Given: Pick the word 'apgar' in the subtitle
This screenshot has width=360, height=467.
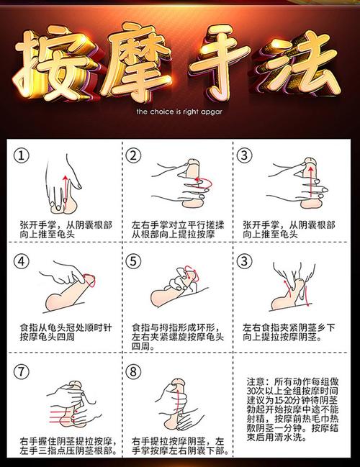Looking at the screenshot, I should [x=214, y=112].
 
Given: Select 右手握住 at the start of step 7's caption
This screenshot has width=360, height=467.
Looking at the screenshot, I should [x=38, y=441].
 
